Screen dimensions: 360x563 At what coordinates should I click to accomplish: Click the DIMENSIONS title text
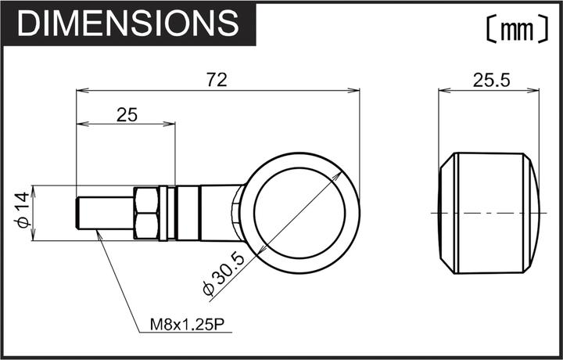(x=127, y=24)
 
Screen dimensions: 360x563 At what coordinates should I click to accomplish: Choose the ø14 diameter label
(x=23, y=210)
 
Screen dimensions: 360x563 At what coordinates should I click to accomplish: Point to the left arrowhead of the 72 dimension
(x=81, y=90)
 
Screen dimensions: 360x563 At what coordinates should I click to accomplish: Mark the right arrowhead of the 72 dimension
(x=356, y=90)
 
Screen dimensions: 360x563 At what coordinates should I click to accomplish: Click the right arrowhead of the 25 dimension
(x=170, y=124)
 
